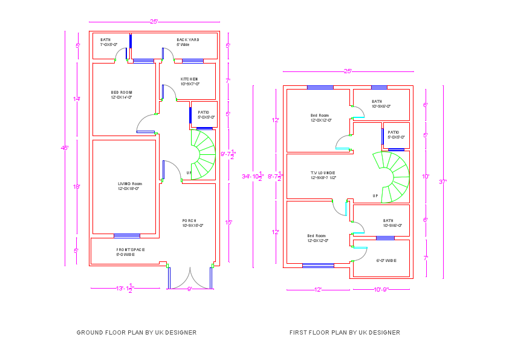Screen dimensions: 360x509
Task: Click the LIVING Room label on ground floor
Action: pos(129,184)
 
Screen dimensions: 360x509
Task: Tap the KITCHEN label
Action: pos(189,79)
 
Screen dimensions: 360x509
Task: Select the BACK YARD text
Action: pos(187,40)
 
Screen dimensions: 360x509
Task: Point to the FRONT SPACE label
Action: pos(130,249)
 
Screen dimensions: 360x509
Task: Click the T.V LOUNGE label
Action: pos(323,173)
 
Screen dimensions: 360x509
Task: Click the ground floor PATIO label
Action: pos(203,113)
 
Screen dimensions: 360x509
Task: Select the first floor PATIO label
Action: pos(393,133)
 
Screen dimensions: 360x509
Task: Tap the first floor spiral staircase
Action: pos(393,177)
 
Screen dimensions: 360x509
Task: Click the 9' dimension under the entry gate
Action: pos(189,289)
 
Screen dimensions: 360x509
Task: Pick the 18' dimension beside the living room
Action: pos(77,187)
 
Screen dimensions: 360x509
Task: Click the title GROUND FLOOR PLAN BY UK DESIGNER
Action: pos(137,332)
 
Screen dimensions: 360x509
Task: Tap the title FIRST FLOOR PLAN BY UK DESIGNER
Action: pos(345,332)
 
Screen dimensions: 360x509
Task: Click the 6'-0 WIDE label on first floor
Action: pos(386,261)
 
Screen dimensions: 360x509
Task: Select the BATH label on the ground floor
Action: pos(106,40)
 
